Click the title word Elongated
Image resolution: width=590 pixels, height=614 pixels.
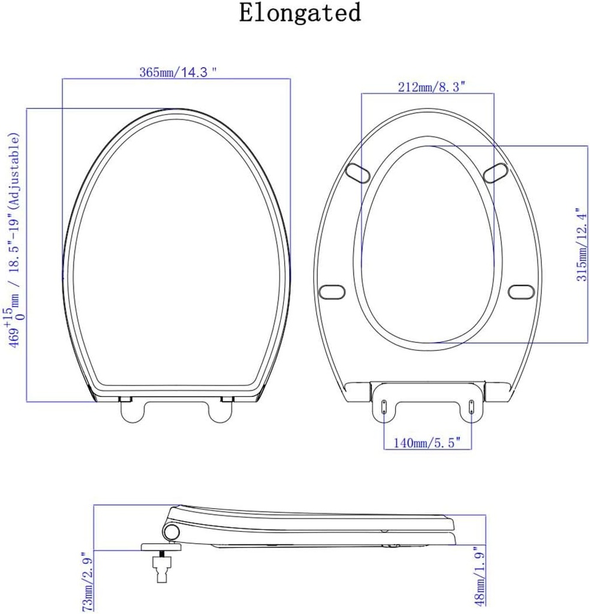300,13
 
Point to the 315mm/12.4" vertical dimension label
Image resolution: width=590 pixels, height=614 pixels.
579,245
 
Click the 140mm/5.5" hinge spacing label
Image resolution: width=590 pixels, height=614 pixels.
427,443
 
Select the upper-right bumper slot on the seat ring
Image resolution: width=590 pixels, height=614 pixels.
495,173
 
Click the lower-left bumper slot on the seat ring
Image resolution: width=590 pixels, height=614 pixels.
331,291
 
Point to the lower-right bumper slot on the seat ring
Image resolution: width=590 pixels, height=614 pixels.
520,291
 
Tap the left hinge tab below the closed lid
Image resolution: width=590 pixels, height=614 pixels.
132,410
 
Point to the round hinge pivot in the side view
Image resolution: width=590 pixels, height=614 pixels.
171,531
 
